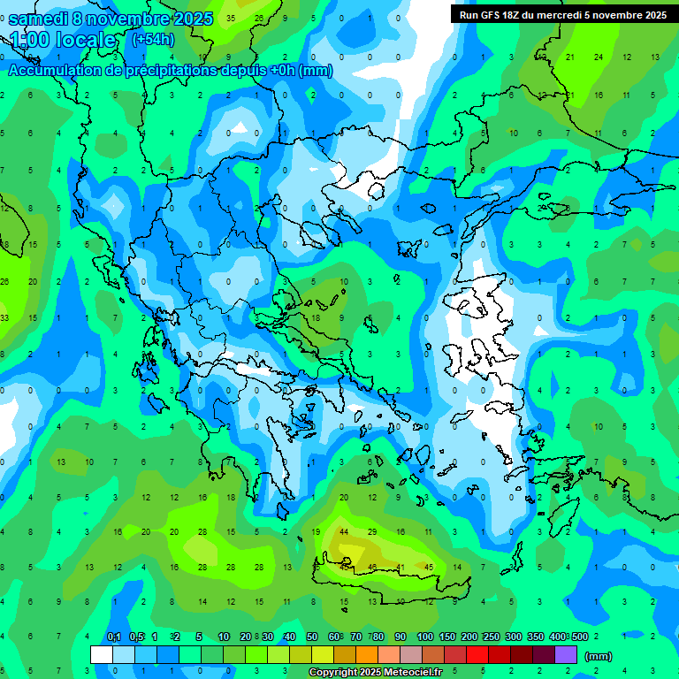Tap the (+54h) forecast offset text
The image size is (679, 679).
tap(152, 40)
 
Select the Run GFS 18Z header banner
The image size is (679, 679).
tap(563, 14)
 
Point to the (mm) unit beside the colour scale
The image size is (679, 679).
tap(599, 656)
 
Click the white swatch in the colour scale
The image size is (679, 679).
tap(102, 655)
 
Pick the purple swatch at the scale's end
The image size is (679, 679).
tap(566, 655)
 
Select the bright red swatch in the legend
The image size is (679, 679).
tap(477, 655)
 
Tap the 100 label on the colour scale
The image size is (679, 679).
tap(424, 637)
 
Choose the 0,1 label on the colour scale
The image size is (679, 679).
tap(114, 637)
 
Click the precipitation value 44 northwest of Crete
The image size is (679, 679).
tap(344, 532)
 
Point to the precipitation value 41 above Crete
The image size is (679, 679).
tap(401, 567)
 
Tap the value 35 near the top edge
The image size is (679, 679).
tap(231, 18)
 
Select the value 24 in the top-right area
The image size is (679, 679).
tap(599, 57)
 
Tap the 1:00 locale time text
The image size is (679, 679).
tap(62, 40)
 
